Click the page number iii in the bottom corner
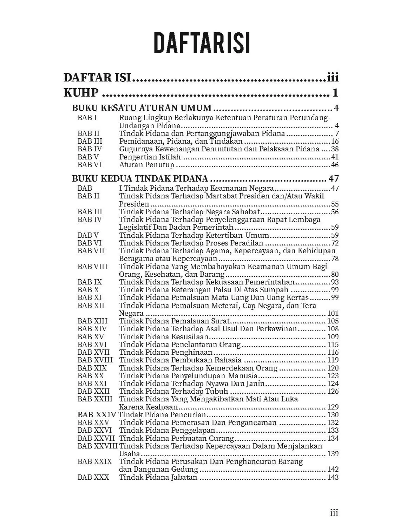(334, 513)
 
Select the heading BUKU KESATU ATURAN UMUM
(142, 108)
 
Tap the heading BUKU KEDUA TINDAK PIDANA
(140, 178)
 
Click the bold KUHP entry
(81, 93)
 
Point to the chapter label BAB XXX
(93, 477)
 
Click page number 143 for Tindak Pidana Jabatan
(333, 477)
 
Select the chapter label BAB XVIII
(95, 360)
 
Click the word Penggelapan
(193, 430)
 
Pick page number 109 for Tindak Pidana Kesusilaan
(333, 337)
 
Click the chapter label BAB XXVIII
(98, 446)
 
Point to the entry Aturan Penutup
(147, 165)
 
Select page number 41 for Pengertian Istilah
(334, 157)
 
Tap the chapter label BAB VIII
(92, 267)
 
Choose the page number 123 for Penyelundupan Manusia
(333, 376)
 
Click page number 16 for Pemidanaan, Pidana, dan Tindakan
(334, 142)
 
